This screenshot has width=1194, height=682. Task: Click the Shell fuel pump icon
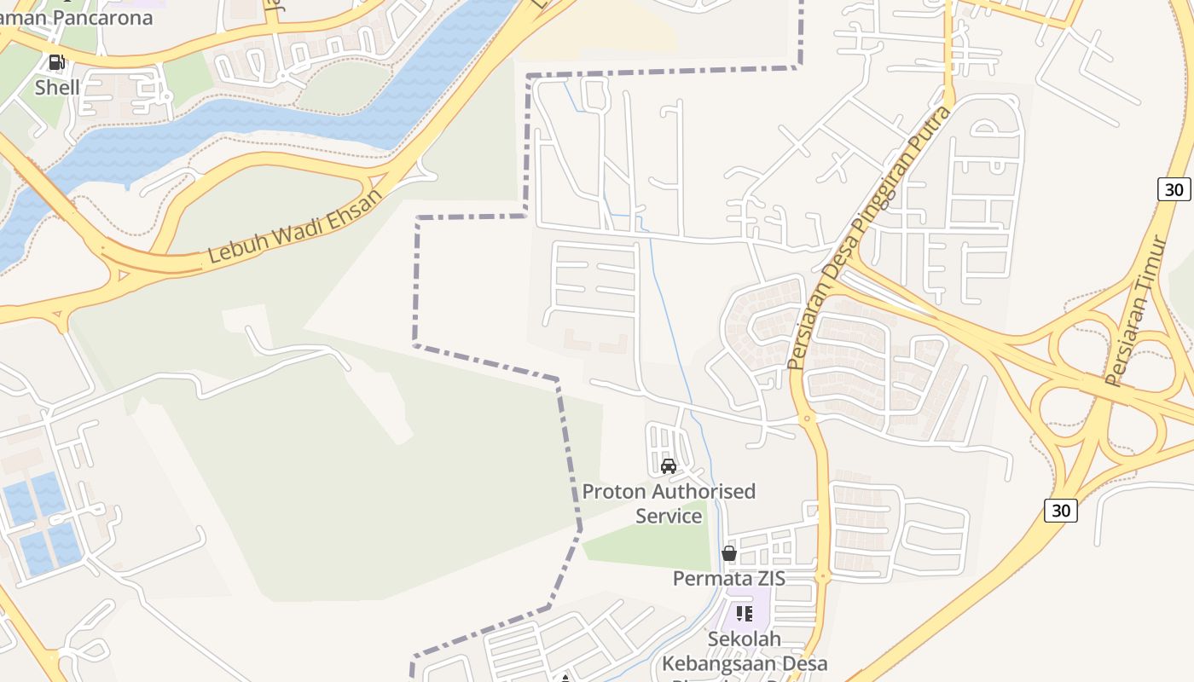(57, 62)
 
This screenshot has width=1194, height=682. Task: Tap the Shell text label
(57, 87)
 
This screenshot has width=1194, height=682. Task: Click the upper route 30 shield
(1174, 189)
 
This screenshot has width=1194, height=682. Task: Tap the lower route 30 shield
(1060, 510)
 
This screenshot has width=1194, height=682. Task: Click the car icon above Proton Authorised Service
(669, 466)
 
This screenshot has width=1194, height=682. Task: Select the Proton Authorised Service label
(669, 503)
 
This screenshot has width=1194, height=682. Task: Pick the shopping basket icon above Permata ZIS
(728, 553)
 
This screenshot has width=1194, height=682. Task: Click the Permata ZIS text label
(728, 578)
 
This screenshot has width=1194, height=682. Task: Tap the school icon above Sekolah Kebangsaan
(745, 614)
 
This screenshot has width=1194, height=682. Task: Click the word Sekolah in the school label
(745, 639)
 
